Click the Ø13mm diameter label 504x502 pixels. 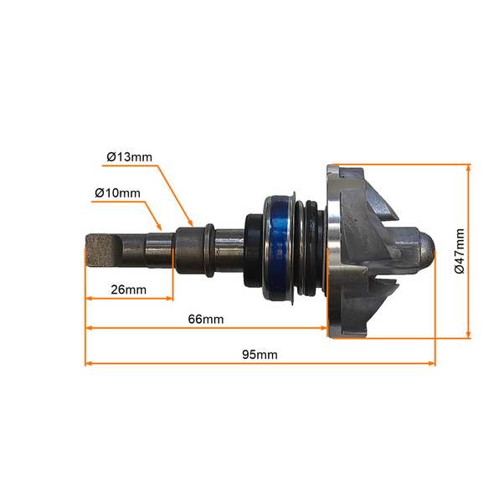(129, 157)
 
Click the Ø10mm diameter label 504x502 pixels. (118, 193)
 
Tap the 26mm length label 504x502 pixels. (129, 289)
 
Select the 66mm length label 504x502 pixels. (206, 320)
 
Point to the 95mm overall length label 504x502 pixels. (260, 355)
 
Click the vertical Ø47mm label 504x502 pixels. (460, 251)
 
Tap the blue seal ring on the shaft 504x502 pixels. (278, 248)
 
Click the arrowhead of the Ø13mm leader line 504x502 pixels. (191, 223)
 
